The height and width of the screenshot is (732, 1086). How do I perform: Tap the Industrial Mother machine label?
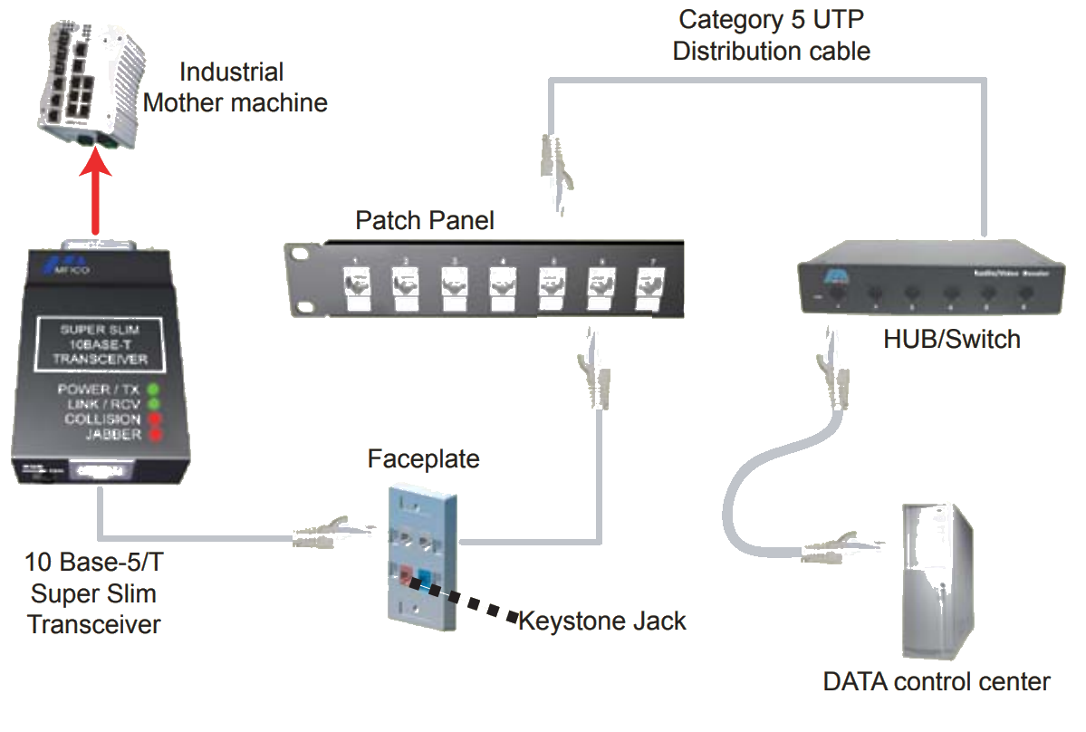point(235,87)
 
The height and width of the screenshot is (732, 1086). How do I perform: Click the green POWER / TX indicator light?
point(153,389)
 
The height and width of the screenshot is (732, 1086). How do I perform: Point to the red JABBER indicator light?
point(153,436)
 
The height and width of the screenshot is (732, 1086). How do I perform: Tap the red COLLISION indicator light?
point(153,420)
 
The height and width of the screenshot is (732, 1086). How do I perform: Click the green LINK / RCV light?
point(153,404)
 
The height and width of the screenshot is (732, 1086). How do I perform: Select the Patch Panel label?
point(424,220)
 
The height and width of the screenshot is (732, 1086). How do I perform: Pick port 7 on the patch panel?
point(647,283)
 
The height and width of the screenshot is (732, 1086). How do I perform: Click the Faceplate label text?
point(423,459)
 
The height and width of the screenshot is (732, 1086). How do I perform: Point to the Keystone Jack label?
point(601,621)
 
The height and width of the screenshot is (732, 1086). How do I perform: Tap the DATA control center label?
point(936,681)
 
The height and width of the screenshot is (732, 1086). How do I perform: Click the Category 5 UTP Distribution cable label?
point(771,34)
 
